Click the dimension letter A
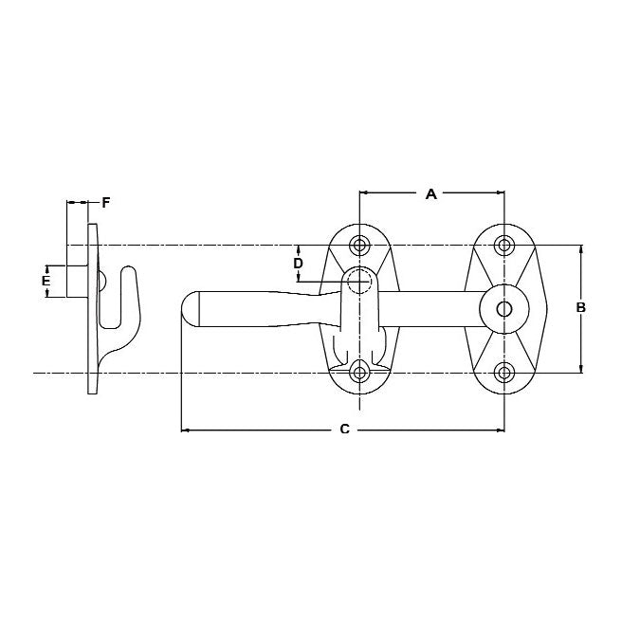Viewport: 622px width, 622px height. (x=430, y=194)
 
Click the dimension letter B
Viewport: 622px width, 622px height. (x=581, y=307)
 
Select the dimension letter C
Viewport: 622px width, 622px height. (x=344, y=430)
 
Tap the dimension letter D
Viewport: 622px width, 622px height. (x=298, y=262)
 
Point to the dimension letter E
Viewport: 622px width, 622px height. (x=46, y=281)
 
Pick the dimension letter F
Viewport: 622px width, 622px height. (x=105, y=202)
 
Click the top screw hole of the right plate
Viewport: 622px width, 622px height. (x=504, y=246)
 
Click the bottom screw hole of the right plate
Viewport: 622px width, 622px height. (x=504, y=372)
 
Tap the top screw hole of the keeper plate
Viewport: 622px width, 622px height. (x=359, y=246)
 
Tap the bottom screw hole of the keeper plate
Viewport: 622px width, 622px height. (x=359, y=372)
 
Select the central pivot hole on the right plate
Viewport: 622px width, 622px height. (x=504, y=308)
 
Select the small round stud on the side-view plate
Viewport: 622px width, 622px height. (x=101, y=282)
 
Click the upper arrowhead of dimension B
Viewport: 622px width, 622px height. (x=581, y=249)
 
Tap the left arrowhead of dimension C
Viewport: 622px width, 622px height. (x=185, y=430)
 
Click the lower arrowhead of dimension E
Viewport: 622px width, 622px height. (x=46, y=293)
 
